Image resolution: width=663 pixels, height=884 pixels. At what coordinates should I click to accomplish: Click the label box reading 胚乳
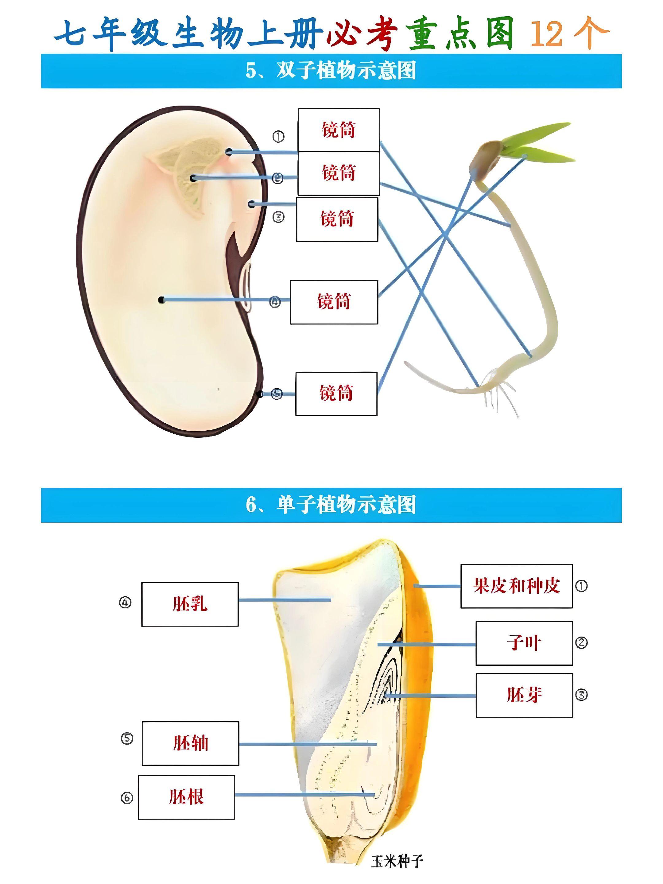pos(190,604)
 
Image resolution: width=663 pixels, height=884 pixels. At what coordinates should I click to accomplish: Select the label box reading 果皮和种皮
pos(516,586)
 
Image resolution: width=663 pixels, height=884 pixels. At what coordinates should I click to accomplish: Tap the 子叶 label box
pos(524,643)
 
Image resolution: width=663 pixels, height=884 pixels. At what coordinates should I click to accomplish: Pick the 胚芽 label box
pos(524,695)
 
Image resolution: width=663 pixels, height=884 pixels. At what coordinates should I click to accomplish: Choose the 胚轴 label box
pos(190,743)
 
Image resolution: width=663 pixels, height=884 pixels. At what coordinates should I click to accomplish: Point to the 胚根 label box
pos(186,797)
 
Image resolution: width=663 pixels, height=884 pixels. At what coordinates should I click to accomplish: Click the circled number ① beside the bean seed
pos(278,137)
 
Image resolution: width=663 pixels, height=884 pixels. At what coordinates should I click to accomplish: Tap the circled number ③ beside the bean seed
pos(278,217)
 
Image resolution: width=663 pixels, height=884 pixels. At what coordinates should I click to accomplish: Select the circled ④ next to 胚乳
pos(126,602)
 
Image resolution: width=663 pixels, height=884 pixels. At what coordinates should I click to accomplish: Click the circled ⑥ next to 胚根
pos(127,798)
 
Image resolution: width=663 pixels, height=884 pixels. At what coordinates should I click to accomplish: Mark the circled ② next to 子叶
pos(581,643)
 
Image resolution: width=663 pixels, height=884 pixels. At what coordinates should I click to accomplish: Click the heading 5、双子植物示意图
pos(331,71)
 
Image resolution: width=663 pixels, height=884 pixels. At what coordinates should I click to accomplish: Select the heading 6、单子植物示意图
pos(331,505)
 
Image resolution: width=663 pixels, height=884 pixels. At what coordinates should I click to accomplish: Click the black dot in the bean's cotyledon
pos(161,300)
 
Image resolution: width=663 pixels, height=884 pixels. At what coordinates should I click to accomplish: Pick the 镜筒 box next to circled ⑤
pos(336,394)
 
